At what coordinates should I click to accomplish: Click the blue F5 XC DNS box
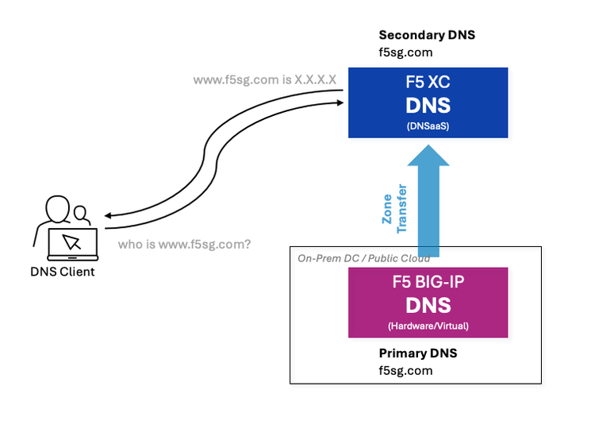pos(428,102)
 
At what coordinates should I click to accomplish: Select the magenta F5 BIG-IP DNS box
pos(428,302)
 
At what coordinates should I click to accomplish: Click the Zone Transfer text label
pos(393,209)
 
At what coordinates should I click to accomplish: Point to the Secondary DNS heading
pos(427,36)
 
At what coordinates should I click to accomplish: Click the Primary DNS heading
pos(417,353)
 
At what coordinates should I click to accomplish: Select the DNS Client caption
pos(62,272)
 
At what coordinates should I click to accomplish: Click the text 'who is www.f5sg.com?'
pos(184,245)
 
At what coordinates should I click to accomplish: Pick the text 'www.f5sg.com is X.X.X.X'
pos(265,80)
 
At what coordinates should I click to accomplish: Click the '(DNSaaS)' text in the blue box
pos(428,126)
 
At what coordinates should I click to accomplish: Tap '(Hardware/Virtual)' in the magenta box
pos(428,326)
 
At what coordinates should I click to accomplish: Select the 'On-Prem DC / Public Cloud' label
pos(363,258)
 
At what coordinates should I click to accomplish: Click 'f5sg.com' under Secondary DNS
pos(405,52)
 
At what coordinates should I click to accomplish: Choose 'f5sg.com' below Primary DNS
pos(405,370)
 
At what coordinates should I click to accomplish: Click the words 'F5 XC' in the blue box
pos(428,82)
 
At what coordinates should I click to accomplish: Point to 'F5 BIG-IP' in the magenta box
pos(428,280)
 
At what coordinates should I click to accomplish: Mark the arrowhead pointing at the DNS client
pos(109,214)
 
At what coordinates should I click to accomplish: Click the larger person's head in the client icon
pos(57,210)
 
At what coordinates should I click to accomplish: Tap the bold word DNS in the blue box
pos(428,106)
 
